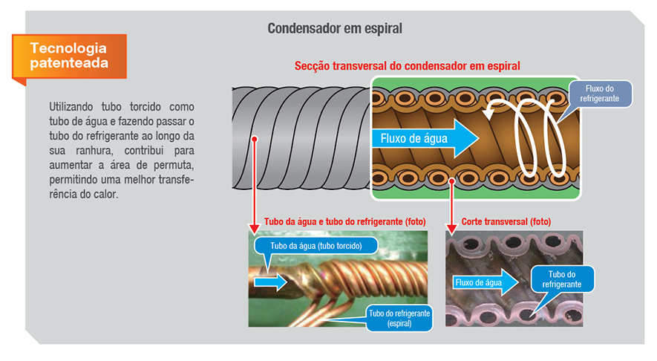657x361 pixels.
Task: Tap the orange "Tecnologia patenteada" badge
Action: (x=68, y=56)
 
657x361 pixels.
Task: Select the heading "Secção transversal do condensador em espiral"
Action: (x=408, y=65)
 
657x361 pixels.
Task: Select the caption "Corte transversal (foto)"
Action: (x=506, y=222)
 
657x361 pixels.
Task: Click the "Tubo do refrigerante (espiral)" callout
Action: (x=399, y=319)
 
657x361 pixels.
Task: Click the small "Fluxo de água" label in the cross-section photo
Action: (x=478, y=282)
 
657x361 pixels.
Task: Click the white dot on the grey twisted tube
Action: (x=254, y=138)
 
